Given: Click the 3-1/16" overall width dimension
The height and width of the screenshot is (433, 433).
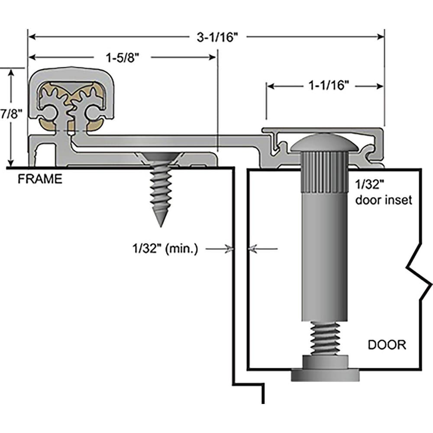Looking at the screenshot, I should [218, 37].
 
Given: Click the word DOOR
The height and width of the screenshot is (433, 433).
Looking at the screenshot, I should [387, 345].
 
